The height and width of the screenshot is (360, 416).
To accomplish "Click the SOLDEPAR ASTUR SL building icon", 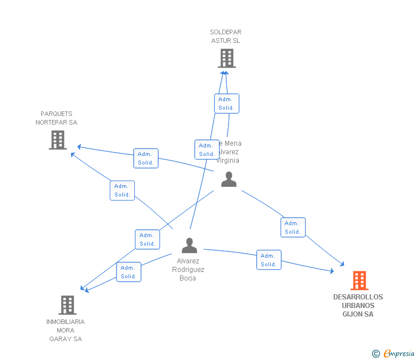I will click(x=227, y=58).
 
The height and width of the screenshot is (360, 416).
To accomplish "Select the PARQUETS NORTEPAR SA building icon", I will click(x=58, y=140).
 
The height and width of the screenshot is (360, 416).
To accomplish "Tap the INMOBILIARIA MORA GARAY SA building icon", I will click(x=67, y=305).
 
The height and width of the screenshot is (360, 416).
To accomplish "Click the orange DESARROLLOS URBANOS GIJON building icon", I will click(x=359, y=281).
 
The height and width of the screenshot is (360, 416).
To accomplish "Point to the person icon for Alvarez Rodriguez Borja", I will click(x=189, y=245).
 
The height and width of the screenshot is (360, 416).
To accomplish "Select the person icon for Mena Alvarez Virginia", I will click(x=229, y=179).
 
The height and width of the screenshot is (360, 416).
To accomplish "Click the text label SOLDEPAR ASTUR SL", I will click(x=225, y=37).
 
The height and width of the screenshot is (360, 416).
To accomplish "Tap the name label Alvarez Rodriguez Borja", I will click(x=188, y=270).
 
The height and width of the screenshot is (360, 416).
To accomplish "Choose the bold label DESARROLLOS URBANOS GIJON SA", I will click(x=358, y=306).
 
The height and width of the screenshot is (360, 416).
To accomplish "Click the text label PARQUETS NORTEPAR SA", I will click(x=57, y=118).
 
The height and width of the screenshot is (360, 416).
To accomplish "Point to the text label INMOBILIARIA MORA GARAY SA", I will click(x=65, y=330).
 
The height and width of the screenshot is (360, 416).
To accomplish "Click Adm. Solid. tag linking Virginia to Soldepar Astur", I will click(x=227, y=103).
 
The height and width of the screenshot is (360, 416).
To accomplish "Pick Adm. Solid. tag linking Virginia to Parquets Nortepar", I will click(x=146, y=158).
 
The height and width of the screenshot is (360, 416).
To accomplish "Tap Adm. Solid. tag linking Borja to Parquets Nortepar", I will click(x=122, y=191).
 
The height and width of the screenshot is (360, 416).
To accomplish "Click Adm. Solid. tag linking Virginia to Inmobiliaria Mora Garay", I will click(x=147, y=239).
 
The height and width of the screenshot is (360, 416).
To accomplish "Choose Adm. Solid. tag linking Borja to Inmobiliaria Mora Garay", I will click(x=129, y=272).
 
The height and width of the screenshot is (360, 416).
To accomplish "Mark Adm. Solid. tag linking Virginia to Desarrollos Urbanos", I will click(x=293, y=227).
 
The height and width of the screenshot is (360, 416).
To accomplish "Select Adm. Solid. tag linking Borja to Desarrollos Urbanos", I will click(x=269, y=260).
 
